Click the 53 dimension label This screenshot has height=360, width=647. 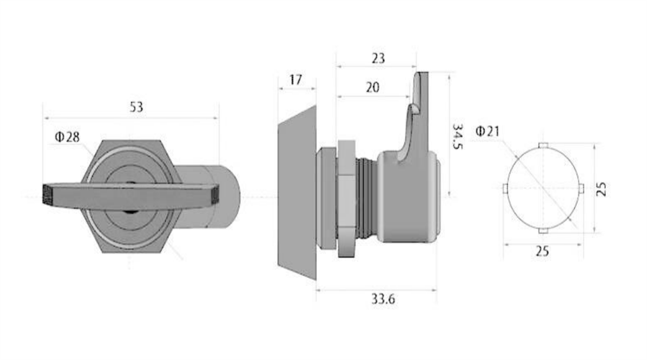[x=136, y=107]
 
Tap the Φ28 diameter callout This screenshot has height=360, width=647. [x=67, y=137]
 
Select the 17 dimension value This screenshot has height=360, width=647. [x=296, y=80]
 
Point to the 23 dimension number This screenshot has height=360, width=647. [x=378, y=59]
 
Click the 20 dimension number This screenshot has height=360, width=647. [x=372, y=87]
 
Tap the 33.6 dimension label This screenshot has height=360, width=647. [x=383, y=299]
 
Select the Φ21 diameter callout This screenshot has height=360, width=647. [x=487, y=131]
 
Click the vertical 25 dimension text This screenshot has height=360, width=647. [x=602, y=189]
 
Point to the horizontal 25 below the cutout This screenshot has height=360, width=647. [x=542, y=251]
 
